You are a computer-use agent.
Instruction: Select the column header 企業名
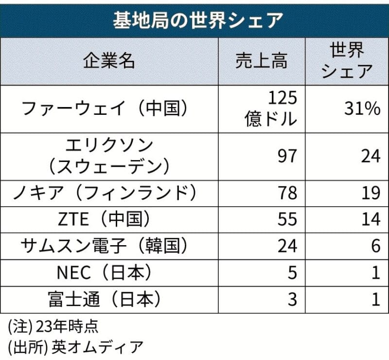(x=109, y=62)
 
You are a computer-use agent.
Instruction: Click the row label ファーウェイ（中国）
(x=105, y=108)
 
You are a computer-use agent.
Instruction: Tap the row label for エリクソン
(x=109, y=155)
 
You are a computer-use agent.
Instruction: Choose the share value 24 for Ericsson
(x=370, y=156)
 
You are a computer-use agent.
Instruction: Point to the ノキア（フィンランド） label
(x=109, y=193)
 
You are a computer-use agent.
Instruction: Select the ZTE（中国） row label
(x=109, y=219)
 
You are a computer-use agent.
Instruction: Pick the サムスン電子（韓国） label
(x=109, y=246)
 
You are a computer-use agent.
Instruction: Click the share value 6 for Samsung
(x=375, y=246)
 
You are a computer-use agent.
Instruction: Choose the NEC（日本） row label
(x=109, y=273)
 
